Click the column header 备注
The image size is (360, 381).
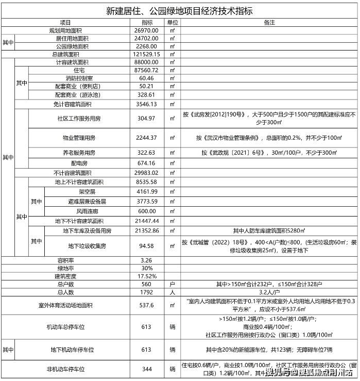pos(268,23)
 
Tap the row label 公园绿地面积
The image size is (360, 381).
pos(72,46)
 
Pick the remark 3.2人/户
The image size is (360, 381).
pos(268,292)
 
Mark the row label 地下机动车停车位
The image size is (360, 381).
pos(72,350)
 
